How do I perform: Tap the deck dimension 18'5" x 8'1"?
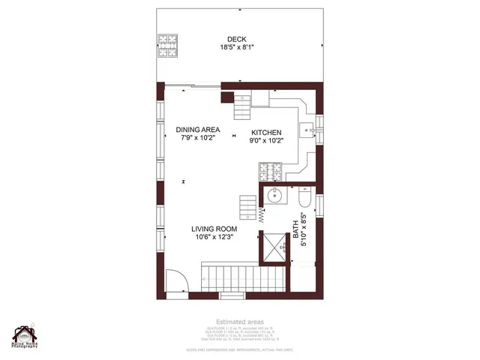tap(238, 47)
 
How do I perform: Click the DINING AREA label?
tap(198, 129)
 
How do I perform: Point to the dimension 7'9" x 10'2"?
tap(198, 138)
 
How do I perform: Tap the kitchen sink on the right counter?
tap(308, 130)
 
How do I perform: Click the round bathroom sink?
tap(275, 196)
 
